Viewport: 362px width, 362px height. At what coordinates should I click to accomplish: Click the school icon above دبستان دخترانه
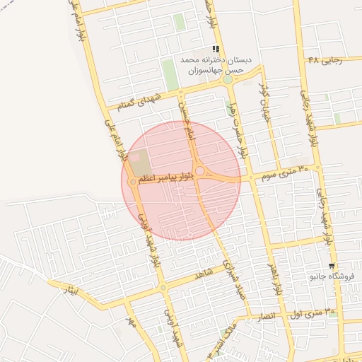coord(216,49)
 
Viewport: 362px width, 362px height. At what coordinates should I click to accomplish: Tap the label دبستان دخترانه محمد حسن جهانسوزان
coord(216,66)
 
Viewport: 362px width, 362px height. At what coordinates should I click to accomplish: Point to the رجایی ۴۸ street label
coord(326,60)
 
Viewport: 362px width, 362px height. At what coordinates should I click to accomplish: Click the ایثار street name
coord(71,290)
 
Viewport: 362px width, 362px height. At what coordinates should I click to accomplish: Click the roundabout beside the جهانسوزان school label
coord(227,80)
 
